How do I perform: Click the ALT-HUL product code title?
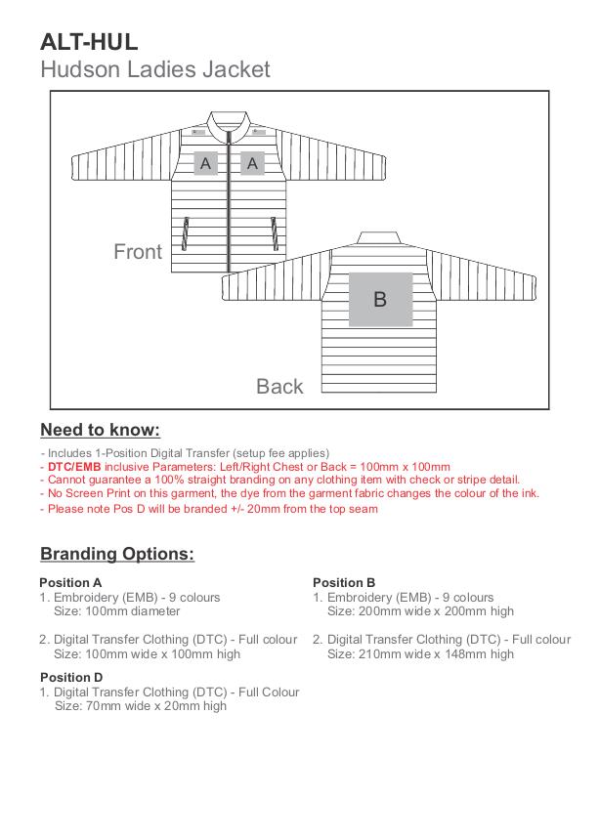pos(89,41)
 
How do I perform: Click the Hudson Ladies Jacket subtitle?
pos(154,69)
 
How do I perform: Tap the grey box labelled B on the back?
pos(380,299)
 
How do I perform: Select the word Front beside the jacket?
pos(138,252)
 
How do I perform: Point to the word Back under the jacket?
pos(279,387)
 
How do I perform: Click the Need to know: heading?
pos(100,431)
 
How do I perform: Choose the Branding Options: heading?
pos(117,554)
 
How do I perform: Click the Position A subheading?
pos(70,583)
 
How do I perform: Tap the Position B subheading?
pos(344,583)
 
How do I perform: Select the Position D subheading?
pos(71,677)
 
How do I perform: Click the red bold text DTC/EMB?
pos(74,467)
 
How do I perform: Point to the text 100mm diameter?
pos(117,611)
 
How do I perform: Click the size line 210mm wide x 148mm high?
pos(420,653)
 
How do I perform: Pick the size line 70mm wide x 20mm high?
pos(141,705)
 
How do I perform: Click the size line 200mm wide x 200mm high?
pos(420,611)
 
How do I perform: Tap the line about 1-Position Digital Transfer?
pos(186,453)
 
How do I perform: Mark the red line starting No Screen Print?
pos(289,493)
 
